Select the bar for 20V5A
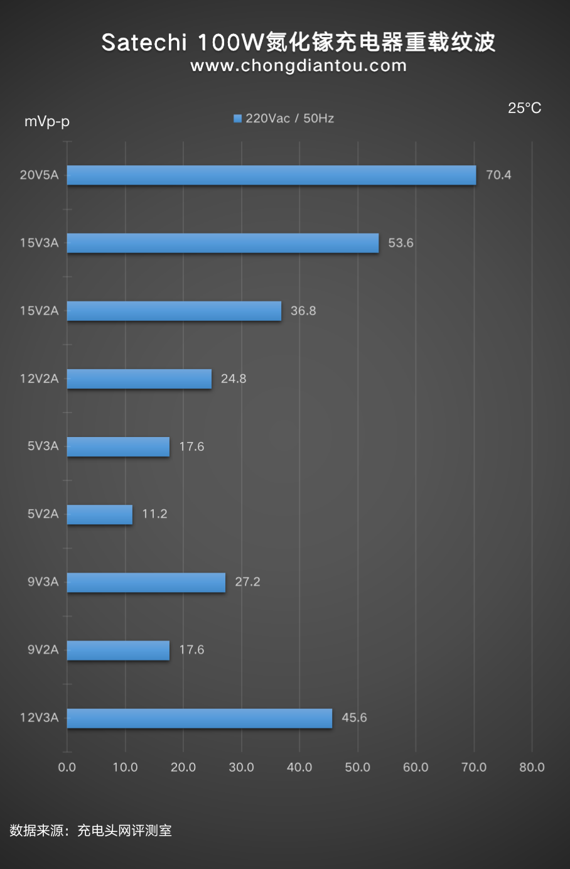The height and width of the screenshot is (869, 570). click(x=271, y=175)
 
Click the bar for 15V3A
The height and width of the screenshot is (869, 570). click(x=223, y=243)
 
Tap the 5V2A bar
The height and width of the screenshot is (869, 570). click(x=100, y=514)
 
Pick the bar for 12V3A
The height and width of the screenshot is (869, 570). click(x=200, y=718)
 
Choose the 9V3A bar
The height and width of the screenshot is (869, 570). click(x=146, y=582)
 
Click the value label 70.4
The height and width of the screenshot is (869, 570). click(x=498, y=175)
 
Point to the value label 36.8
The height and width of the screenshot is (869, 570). click(x=303, y=311)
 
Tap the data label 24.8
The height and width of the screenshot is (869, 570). click(x=234, y=379)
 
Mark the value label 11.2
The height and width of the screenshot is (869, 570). click(x=154, y=514)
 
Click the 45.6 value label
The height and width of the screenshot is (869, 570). click(x=354, y=718)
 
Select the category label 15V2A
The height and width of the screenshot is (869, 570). click(x=39, y=311)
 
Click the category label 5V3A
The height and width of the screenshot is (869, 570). click(x=43, y=446)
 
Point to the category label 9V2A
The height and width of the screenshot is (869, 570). click(x=43, y=650)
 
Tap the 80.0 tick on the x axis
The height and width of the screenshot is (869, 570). click(x=532, y=767)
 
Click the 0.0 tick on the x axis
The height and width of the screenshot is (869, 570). click(x=67, y=767)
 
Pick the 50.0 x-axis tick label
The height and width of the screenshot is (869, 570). click(x=358, y=767)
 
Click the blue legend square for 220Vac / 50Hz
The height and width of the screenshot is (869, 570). click(x=237, y=119)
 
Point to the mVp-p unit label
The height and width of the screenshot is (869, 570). click(x=47, y=121)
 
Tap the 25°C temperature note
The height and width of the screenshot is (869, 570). click(x=524, y=108)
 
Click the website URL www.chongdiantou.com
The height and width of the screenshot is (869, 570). click(x=298, y=66)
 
